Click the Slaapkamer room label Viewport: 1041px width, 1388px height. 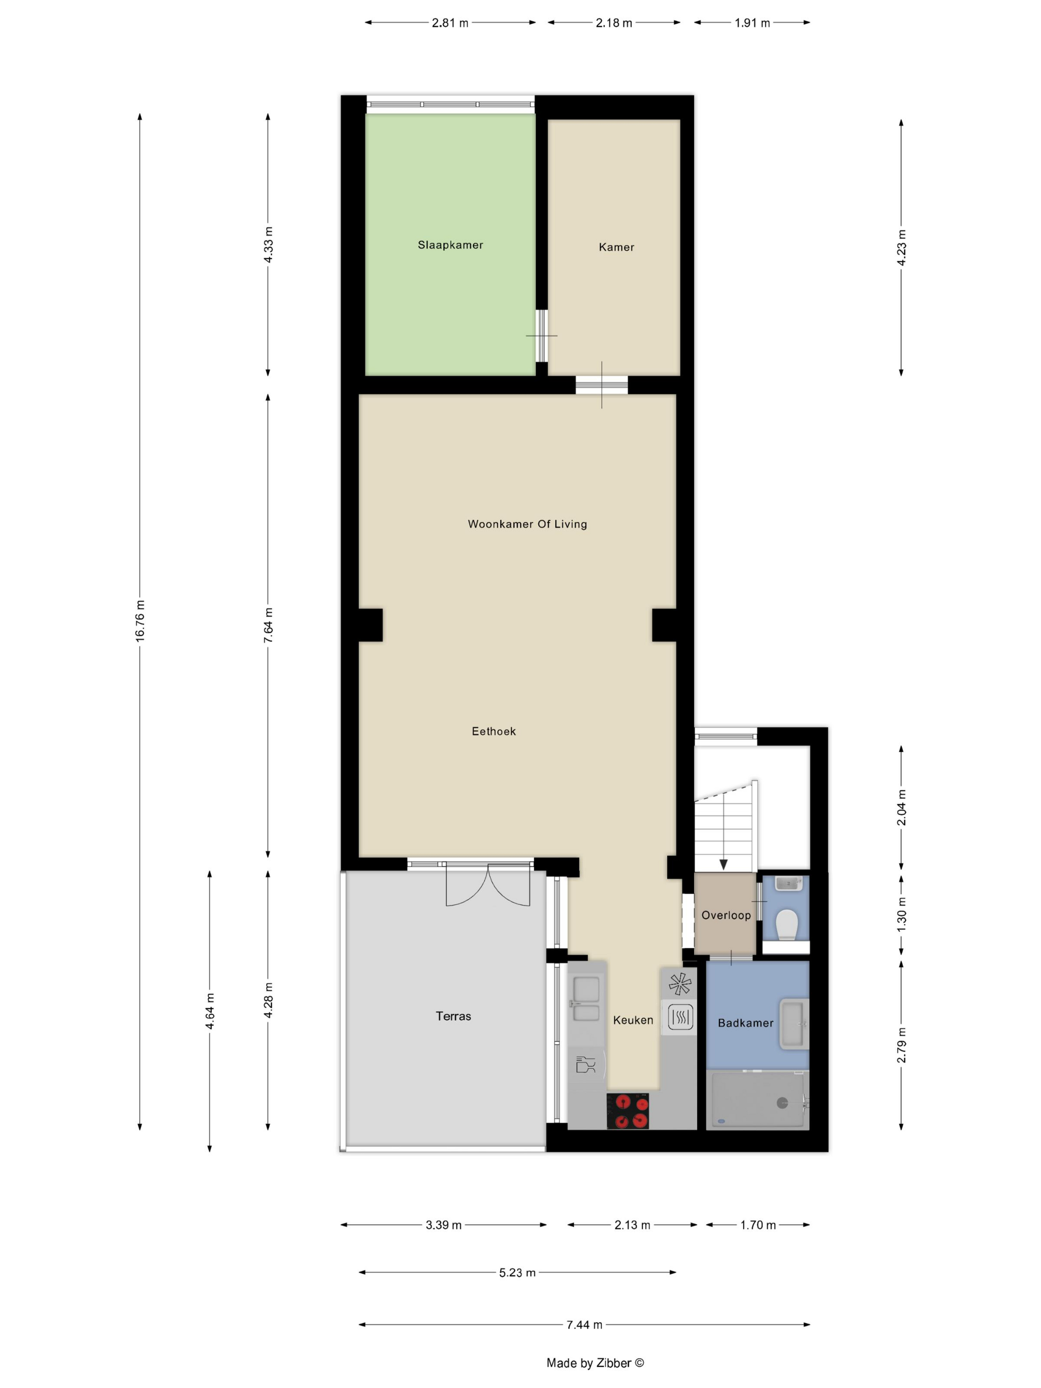pyautogui.click(x=451, y=245)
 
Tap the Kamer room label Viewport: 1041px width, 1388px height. pyautogui.click(x=616, y=247)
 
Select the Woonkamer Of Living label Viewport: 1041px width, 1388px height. pyautogui.click(x=527, y=524)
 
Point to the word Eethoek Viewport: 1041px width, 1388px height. pyautogui.click(x=494, y=731)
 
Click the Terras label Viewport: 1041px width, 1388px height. pyautogui.click(x=453, y=1016)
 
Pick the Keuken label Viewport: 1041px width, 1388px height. pyautogui.click(x=633, y=1020)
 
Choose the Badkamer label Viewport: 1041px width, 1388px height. pyautogui.click(x=746, y=1023)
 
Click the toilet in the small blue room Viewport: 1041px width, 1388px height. pyautogui.click(x=786, y=925)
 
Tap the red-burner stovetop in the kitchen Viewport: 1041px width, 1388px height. pyautogui.click(x=628, y=1111)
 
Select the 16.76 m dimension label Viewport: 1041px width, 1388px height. pyautogui.click(x=140, y=620)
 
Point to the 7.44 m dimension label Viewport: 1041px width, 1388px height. pyautogui.click(x=584, y=1325)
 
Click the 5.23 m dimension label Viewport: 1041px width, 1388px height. pyautogui.click(x=517, y=1272)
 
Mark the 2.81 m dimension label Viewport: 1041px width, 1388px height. pyautogui.click(x=450, y=23)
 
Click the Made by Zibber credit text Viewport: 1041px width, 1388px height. pyautogui.click(x=595, y=1363)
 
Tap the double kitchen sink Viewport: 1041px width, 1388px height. pyautogui.click(x=586, y=999)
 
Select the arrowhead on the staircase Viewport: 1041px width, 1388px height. pyautogui.click(x=723, y=865)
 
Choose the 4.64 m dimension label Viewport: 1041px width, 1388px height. pyautogui.click(x=210, y=1011)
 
